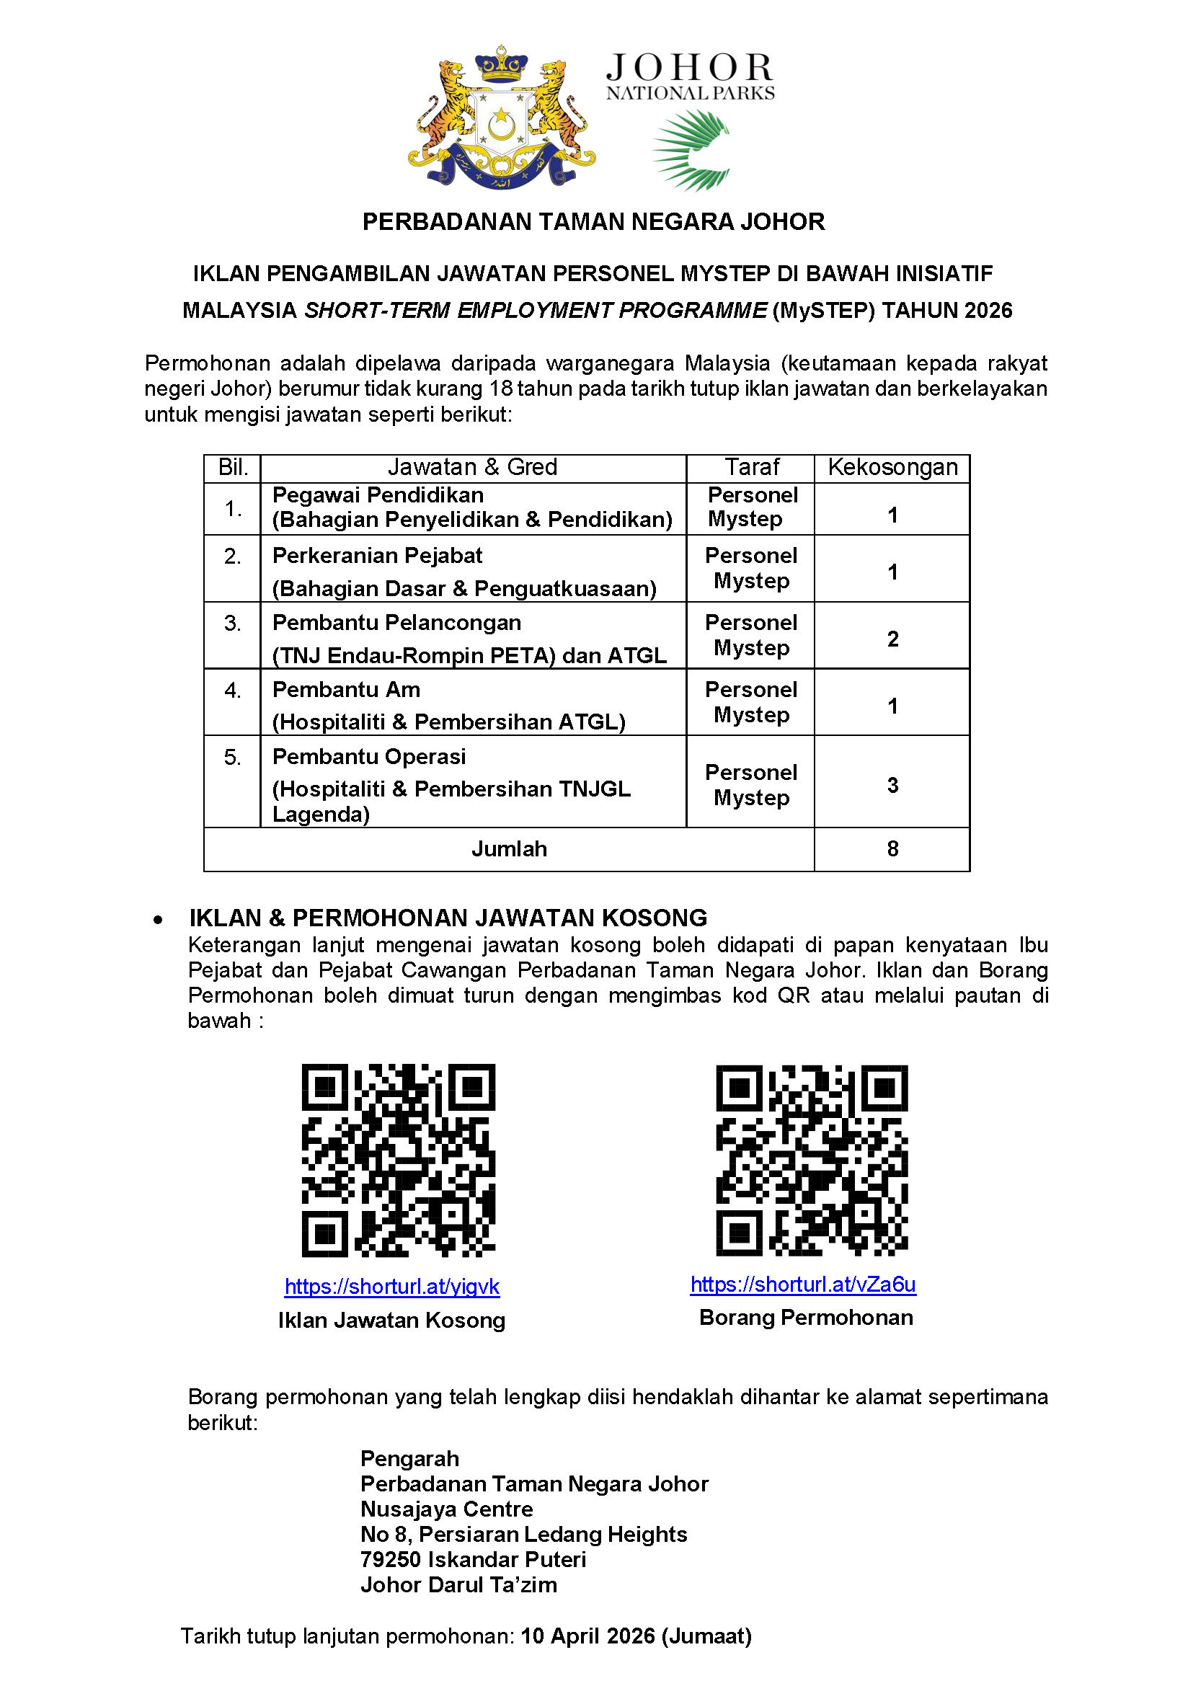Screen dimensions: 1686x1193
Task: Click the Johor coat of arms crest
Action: click(x=502, y=117)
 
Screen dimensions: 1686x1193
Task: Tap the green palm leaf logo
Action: click(x=691, y=150)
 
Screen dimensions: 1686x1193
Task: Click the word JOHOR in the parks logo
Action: click(x=690, y=68)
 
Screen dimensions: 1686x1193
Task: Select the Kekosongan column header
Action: click(x=892, y=467)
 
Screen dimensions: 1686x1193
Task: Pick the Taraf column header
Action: click(x=751, y=467)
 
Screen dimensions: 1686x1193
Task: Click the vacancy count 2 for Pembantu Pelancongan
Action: click(x=892, y=639)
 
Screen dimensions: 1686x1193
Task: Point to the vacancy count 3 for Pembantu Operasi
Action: click(x=892, y=784)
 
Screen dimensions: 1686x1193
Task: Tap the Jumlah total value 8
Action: click(x=892, y=848)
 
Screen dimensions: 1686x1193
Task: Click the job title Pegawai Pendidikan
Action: click(x=378, y=495)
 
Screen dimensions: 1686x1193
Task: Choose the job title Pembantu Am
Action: click(x=346, y=689)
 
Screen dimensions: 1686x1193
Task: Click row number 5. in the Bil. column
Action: click(x=232, y=757)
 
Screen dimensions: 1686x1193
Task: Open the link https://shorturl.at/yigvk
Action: click(x=391, y=1287)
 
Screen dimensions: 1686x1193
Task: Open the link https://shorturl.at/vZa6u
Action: click(x=803, y=1285)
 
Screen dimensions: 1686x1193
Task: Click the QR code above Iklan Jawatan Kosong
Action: click(x=398, y=1160)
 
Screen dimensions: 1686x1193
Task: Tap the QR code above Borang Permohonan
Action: click(x=812, y=1160)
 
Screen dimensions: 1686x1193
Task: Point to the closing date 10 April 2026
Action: click(x=587, y=1636)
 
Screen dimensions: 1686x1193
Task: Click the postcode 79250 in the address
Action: click(x=390, y=1559)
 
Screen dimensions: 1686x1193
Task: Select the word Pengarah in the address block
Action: click(x=409, y=1458)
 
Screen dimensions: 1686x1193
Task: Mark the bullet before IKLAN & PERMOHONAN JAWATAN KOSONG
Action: click(x=158, y=919)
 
